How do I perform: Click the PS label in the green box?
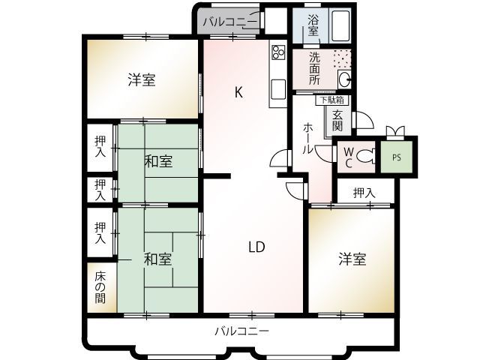pos(396,157)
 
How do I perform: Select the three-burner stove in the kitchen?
pos(277,52)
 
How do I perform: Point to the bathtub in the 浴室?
pos(341,28)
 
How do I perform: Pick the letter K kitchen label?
pos(238,93)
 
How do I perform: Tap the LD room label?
pos(256,246)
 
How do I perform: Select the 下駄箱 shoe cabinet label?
pos(331,99)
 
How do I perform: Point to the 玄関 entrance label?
pos(338,120)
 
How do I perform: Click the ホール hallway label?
pos(307,138)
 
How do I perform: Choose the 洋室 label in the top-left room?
pos(142,79)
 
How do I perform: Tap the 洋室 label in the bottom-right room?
pos(352,259)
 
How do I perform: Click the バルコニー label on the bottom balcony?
pos(241,331)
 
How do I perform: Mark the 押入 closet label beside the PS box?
pos(364,193)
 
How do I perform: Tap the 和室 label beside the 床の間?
pos(157,259)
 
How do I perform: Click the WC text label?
pos(348,157)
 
